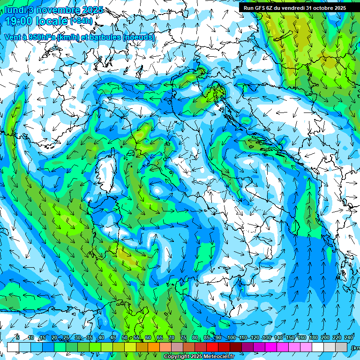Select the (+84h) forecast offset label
82,21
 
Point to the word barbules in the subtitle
105,37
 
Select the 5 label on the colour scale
17,338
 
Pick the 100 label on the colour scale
231,338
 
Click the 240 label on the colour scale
348,338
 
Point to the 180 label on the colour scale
313,338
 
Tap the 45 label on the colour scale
113,338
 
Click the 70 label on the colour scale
172,338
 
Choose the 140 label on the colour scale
278,338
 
